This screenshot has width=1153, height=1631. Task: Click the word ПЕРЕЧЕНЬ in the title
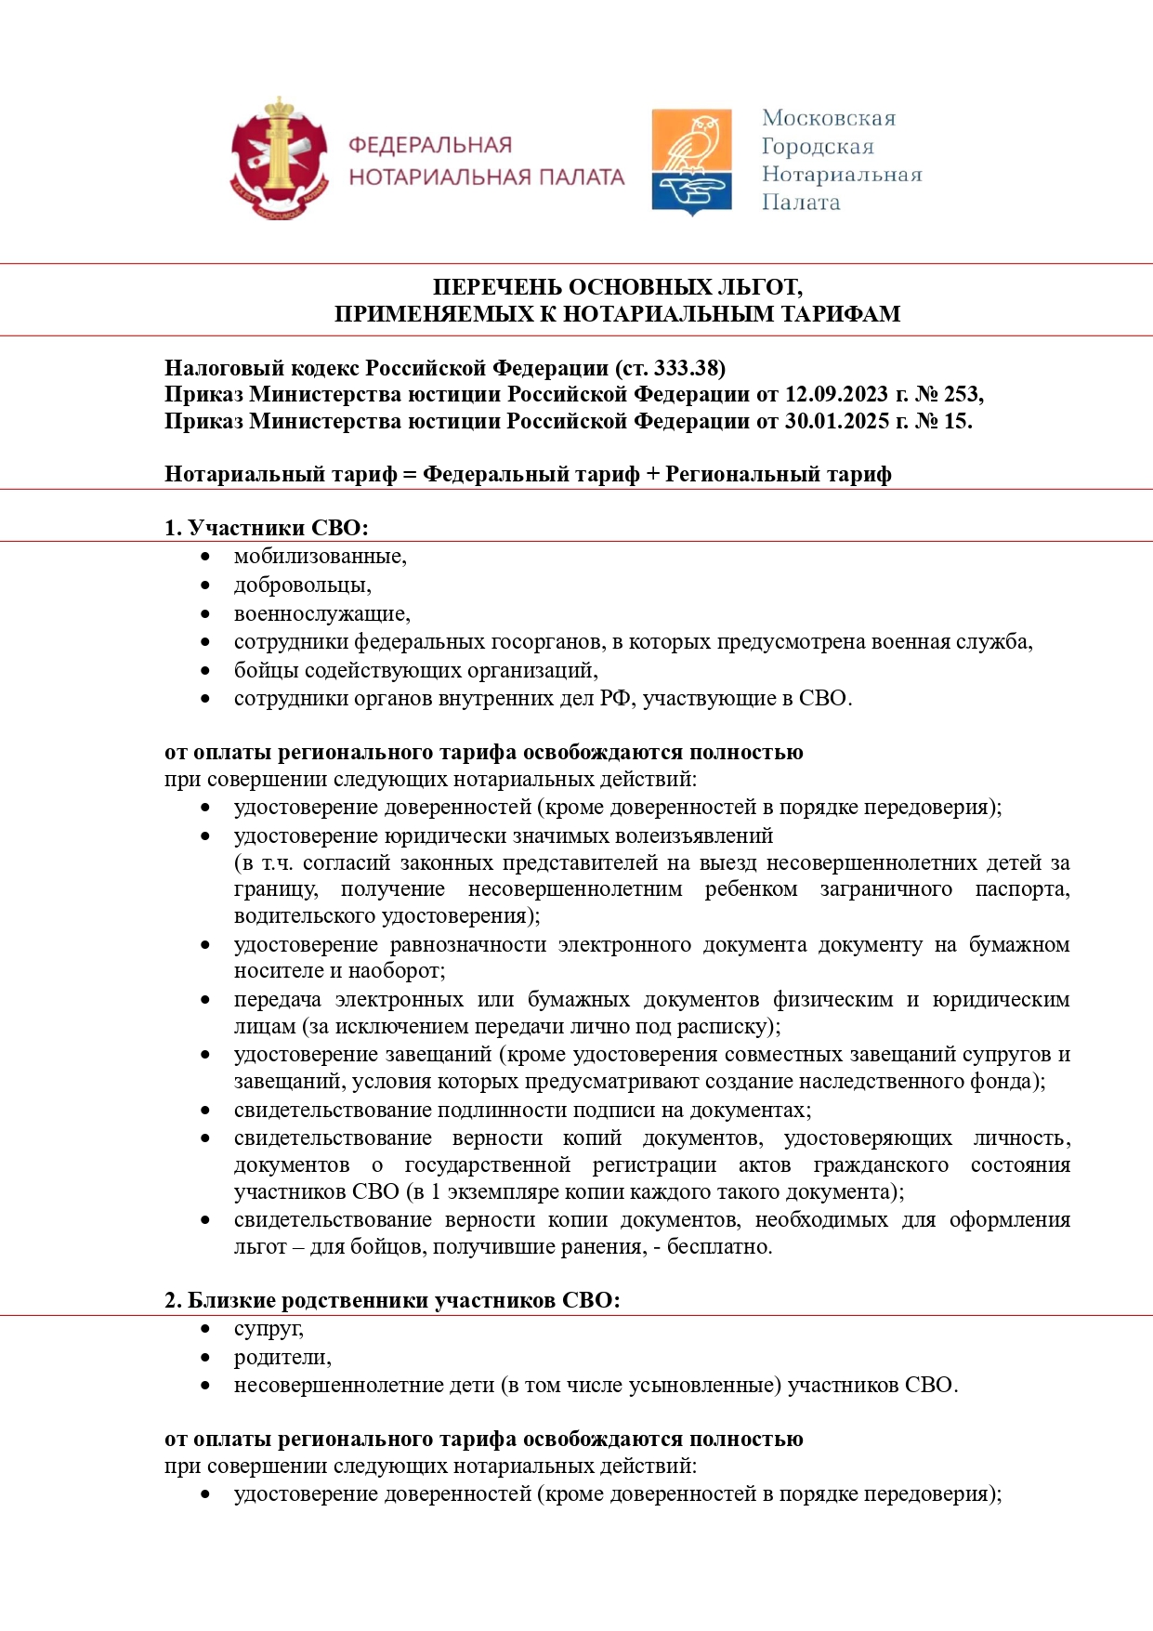[x=496, y=287]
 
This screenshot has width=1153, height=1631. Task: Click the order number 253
[x=961, y=394]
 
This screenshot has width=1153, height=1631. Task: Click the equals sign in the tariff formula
[x=410, y=475]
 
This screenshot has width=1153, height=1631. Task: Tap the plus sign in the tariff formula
[x=652, y=475]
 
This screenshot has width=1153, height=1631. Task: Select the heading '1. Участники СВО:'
[x=267, y=528]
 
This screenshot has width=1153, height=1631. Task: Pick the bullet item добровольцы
[x=302, y=585]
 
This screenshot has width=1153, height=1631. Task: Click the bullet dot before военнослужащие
[x=205, y=614]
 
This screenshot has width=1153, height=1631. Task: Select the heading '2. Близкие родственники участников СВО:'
[x=392, y=1300]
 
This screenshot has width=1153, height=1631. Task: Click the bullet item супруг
[x=268, y=1329]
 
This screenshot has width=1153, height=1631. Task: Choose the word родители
[x=282, y=1357]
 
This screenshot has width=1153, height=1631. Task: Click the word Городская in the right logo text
[x=818, y=147]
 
